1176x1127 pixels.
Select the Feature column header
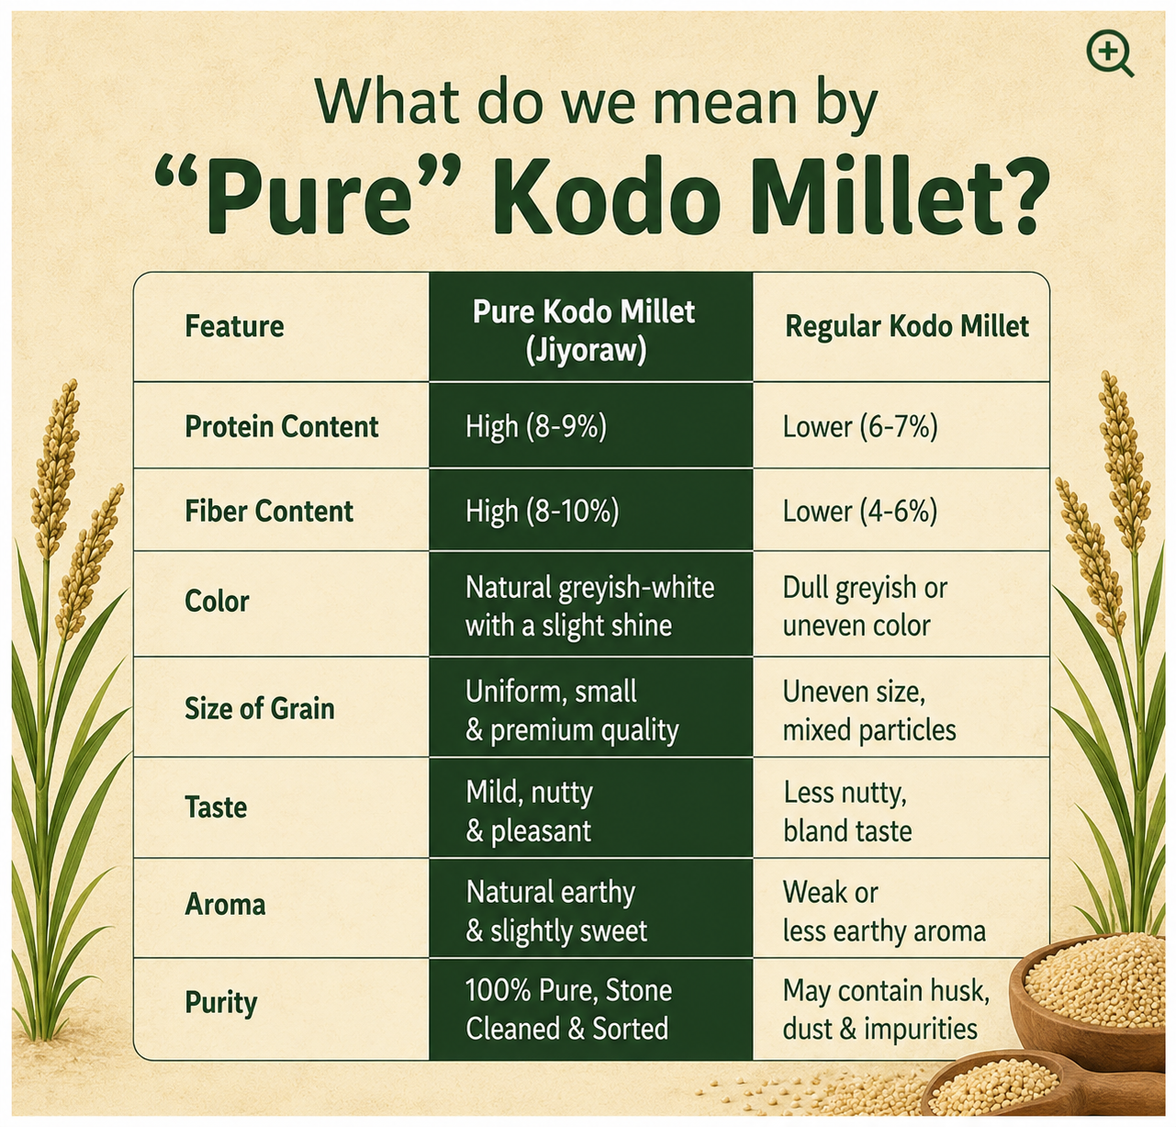[x=234, y=326]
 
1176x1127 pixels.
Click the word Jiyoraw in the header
[x=585, y=350]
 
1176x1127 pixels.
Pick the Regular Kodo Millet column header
[x=906, y=326]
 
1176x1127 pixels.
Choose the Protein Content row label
[x=282, y=427]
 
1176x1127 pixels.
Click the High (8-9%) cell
[x=536, y=427]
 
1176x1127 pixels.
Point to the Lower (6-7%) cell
[x=860, y=427]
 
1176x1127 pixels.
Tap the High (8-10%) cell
[x=542, y=512]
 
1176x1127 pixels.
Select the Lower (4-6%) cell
[x=860, y=512]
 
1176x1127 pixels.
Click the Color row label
[x=217, y=602]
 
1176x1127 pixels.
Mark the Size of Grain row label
[x=259, y=708]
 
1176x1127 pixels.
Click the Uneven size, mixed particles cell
[x=869, y=711]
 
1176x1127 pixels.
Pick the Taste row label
[x=216, y=807]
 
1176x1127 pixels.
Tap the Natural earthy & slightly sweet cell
[x=556, y=912]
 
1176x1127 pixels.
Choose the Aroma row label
[x=225, y=905]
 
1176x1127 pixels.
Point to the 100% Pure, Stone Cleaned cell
[x=568, y=1009]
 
